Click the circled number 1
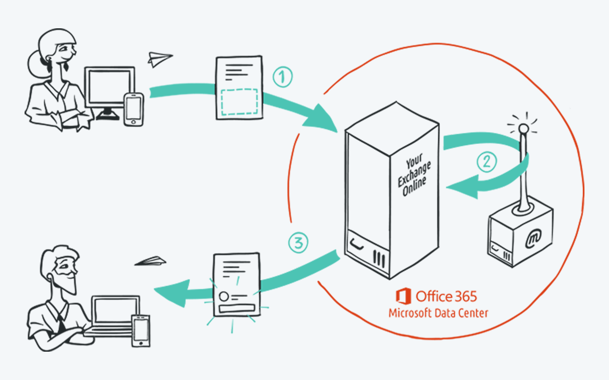click(x=283, y=77)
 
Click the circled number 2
click(x=486, y=162)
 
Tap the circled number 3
click(x=298, y=243)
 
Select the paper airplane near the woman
click(x=159, y=59)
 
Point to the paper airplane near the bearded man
click(x=151, y=262)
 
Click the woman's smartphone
click(x=134, y=109)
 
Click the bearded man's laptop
click(x=114, y=315)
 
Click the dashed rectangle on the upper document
click(x=239, y=102)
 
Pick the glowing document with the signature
click(x=236, y=285)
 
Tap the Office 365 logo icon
click(x=403, y=296)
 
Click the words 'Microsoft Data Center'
click(x=438, y=313)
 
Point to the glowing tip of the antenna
click(x=524, y=128)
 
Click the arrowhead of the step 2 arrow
click(x=463, y=187)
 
